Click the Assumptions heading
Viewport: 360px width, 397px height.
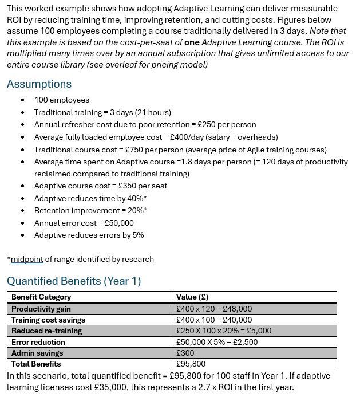point(39,84)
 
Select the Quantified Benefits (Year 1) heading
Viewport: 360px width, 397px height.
point(74,281)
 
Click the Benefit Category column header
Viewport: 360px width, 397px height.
point(41,297)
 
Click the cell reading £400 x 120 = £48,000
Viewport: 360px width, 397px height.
point(214,309)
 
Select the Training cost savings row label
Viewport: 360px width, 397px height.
point(48,320)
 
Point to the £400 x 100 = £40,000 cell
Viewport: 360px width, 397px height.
point(214,320)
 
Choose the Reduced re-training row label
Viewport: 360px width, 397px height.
point(46,331)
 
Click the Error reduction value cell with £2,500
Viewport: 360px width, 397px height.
point(217,342)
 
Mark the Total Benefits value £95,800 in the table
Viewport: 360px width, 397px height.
point(191,364)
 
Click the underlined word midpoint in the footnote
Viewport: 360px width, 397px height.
point(27,259)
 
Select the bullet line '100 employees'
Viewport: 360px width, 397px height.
point(62,100)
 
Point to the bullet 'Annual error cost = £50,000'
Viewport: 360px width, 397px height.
point(84,223)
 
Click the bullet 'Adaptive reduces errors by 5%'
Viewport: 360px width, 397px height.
point(89,235)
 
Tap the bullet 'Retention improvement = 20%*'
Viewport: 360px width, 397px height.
point(90,210)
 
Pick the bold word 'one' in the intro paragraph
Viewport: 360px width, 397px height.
point(192,42)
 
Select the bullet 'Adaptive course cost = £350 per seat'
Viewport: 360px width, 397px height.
point(101,186)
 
